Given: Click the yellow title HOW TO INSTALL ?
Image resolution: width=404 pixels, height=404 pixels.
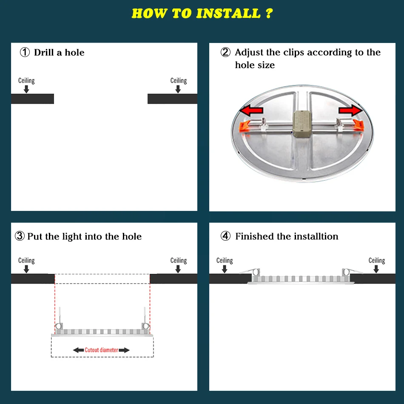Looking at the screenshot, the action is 202,14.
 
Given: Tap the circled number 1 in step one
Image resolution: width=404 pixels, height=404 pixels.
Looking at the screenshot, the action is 25,52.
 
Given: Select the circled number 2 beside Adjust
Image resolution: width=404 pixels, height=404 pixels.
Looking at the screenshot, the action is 225,52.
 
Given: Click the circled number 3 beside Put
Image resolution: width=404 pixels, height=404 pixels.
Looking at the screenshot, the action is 20,236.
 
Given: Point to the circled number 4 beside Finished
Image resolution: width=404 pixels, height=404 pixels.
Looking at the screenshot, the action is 225,236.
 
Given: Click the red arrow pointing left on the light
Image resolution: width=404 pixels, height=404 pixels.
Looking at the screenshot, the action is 251,111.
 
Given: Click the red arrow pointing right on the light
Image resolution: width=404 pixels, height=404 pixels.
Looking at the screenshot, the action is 351,110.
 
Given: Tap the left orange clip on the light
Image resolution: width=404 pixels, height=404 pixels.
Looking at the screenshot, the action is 245,126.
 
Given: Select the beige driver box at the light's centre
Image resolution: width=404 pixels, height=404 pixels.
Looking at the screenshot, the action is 302,124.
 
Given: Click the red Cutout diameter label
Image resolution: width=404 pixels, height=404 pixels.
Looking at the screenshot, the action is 101,350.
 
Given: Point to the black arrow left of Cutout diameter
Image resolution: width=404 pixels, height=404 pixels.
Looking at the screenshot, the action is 78,350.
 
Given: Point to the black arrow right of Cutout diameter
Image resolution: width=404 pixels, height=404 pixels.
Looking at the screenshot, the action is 124,350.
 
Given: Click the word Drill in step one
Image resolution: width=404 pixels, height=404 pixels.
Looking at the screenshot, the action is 44,53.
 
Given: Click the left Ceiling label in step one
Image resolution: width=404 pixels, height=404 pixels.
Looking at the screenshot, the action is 26,81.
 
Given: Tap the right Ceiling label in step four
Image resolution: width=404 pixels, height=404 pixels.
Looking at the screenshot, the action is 377,261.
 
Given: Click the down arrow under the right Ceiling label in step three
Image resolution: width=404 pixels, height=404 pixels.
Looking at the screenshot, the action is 178,269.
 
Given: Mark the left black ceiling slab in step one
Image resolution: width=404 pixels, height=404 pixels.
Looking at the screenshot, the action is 32,99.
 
